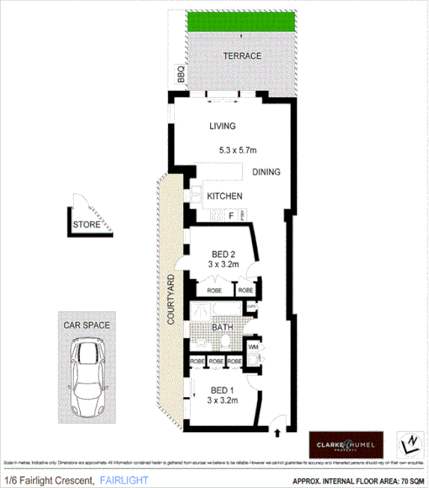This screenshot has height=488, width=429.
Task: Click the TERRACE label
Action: [x=242, y=56]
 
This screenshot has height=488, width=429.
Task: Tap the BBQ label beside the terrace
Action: [x=180, y=75]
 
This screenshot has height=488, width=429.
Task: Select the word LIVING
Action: [x=222, y=126]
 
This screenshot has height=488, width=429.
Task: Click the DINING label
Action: [x=266, y=172]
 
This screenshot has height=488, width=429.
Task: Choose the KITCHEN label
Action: [x=224, y=196]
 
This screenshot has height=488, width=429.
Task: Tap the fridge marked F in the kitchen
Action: [x=232, y=216]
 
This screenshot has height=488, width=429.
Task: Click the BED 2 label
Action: [x=223, y=253]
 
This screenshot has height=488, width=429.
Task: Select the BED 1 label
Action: [x=223, y=390]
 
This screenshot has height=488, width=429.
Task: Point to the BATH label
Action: [x=223, y=327]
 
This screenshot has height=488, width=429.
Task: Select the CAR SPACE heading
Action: [x=87, y=325]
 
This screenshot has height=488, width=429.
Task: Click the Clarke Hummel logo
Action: [x=346, y=445]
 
